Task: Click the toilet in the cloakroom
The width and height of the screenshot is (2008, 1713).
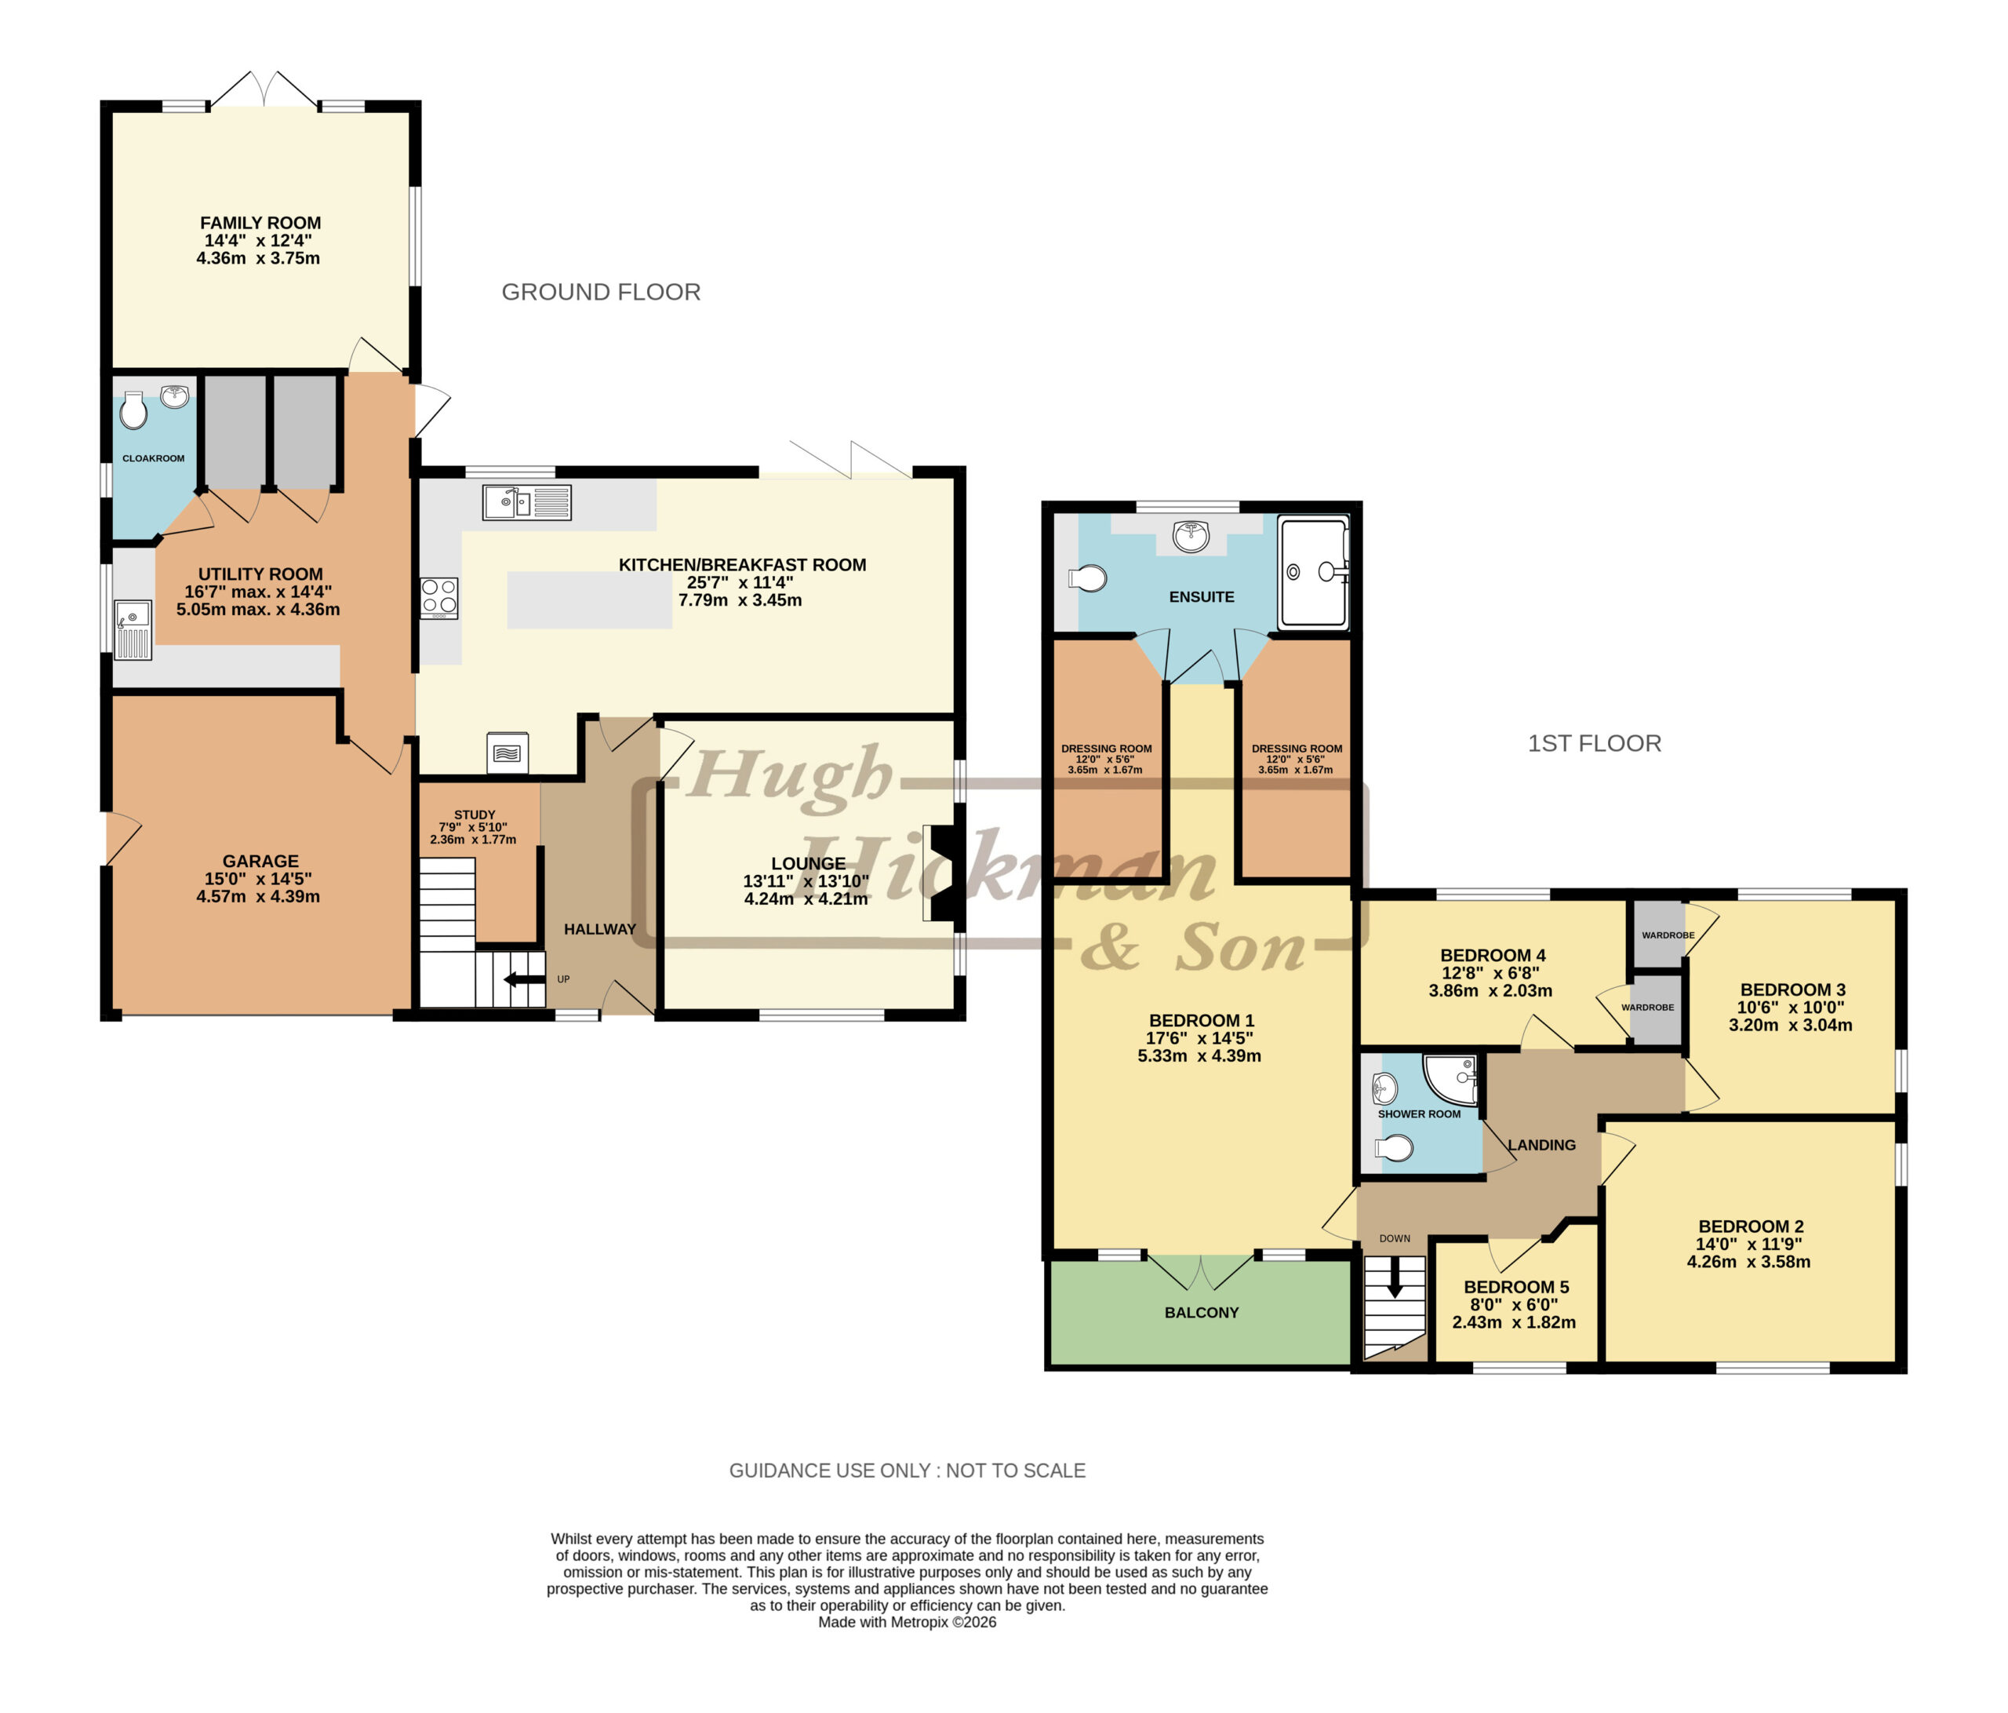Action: pos(133,410)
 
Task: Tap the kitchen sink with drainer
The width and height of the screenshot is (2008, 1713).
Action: pos(527,502)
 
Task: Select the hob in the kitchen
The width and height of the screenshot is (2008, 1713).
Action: pos(439,598)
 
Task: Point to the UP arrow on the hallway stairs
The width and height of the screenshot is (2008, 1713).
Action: pos(524,979)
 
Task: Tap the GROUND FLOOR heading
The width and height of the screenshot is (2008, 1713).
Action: pos(601,292)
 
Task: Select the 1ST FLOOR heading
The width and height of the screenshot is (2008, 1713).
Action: pos(1594,744)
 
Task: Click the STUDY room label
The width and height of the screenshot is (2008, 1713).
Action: pos(475,815)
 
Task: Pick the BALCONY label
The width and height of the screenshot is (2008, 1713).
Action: pos(1202,1313)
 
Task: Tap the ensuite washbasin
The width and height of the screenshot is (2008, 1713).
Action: pos(1190,535)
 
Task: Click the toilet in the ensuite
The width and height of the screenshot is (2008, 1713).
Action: pos(1087,579)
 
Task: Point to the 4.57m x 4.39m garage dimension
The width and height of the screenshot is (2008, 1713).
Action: pos(258,897)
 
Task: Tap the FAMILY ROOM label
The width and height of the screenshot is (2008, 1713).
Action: pos(260,223)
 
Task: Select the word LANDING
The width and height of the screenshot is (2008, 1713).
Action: pos(1542,1145)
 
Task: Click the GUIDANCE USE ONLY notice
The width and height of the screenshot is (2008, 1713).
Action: pos(907,1471)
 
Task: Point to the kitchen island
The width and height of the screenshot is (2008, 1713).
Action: pos(589,600)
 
